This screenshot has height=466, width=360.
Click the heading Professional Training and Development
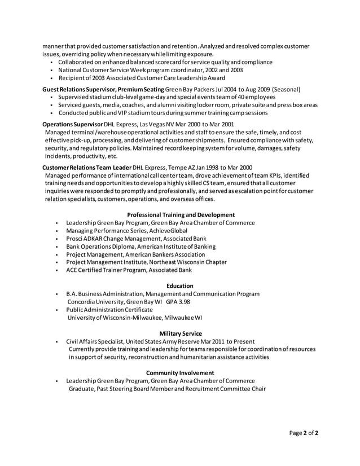181,214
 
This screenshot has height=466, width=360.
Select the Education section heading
180,286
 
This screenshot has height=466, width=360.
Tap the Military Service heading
181,333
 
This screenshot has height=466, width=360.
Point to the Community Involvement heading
180,373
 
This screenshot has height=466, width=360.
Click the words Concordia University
96,302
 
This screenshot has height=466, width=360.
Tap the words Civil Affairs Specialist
94,341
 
